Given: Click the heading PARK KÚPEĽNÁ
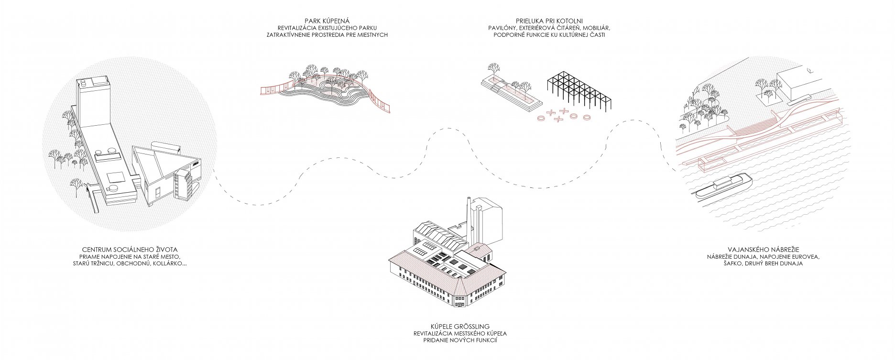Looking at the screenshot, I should (327, 20).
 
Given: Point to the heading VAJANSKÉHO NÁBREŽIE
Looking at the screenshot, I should (763, 249).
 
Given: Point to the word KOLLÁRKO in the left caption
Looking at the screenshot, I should (169, 264).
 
